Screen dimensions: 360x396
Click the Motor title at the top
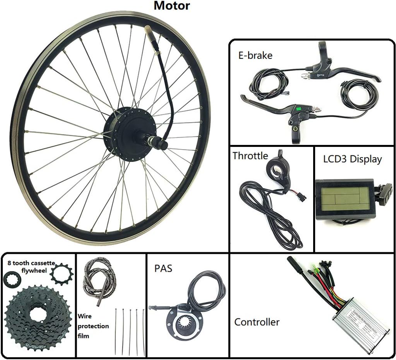[x=172, y=6]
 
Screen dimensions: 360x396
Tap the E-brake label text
[x=255, y=55]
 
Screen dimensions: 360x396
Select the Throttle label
[x=250, y=156]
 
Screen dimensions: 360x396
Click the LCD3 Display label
[x=352, y=159]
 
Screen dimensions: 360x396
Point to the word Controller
[x=257, y=322]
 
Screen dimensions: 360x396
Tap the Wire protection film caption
[x=93, y=326]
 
